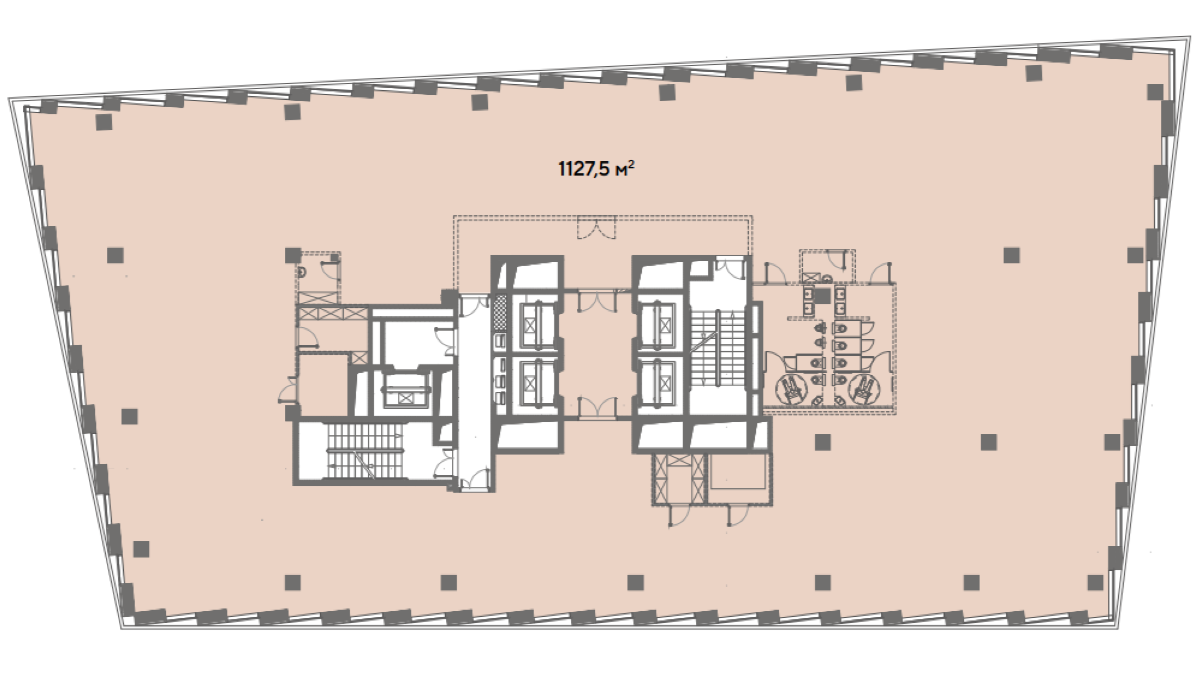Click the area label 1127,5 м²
(597, 170)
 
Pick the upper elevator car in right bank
(665, 325)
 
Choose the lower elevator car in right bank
(665, 382)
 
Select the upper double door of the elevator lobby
(596, 300)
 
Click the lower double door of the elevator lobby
(596, 407)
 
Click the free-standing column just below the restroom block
(823, 443)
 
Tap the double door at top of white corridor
(475, 304)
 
